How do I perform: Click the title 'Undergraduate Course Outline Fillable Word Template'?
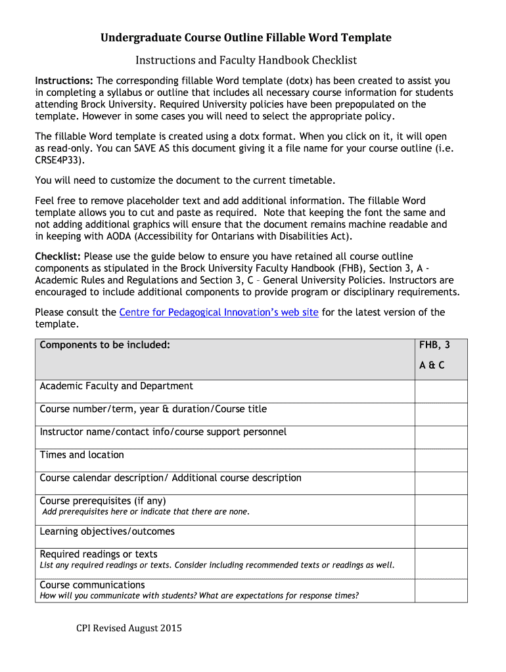246,38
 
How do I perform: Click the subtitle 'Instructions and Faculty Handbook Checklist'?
246,60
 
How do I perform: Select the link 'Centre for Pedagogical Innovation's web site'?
219,312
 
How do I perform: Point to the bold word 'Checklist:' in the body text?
58,257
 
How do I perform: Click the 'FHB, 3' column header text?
434,345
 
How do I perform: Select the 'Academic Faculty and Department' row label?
116,387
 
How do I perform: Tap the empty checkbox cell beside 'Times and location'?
440,460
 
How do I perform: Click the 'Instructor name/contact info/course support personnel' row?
163,432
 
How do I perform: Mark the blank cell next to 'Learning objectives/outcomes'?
440,537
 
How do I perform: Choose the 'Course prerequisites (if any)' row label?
103,501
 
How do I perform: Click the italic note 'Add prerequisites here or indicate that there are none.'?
146,512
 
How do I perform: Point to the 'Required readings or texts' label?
99,555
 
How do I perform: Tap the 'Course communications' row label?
92,585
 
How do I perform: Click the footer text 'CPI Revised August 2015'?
129,629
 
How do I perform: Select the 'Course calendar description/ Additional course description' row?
170,478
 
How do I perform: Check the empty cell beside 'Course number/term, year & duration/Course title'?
440,414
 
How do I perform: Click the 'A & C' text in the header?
432,366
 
